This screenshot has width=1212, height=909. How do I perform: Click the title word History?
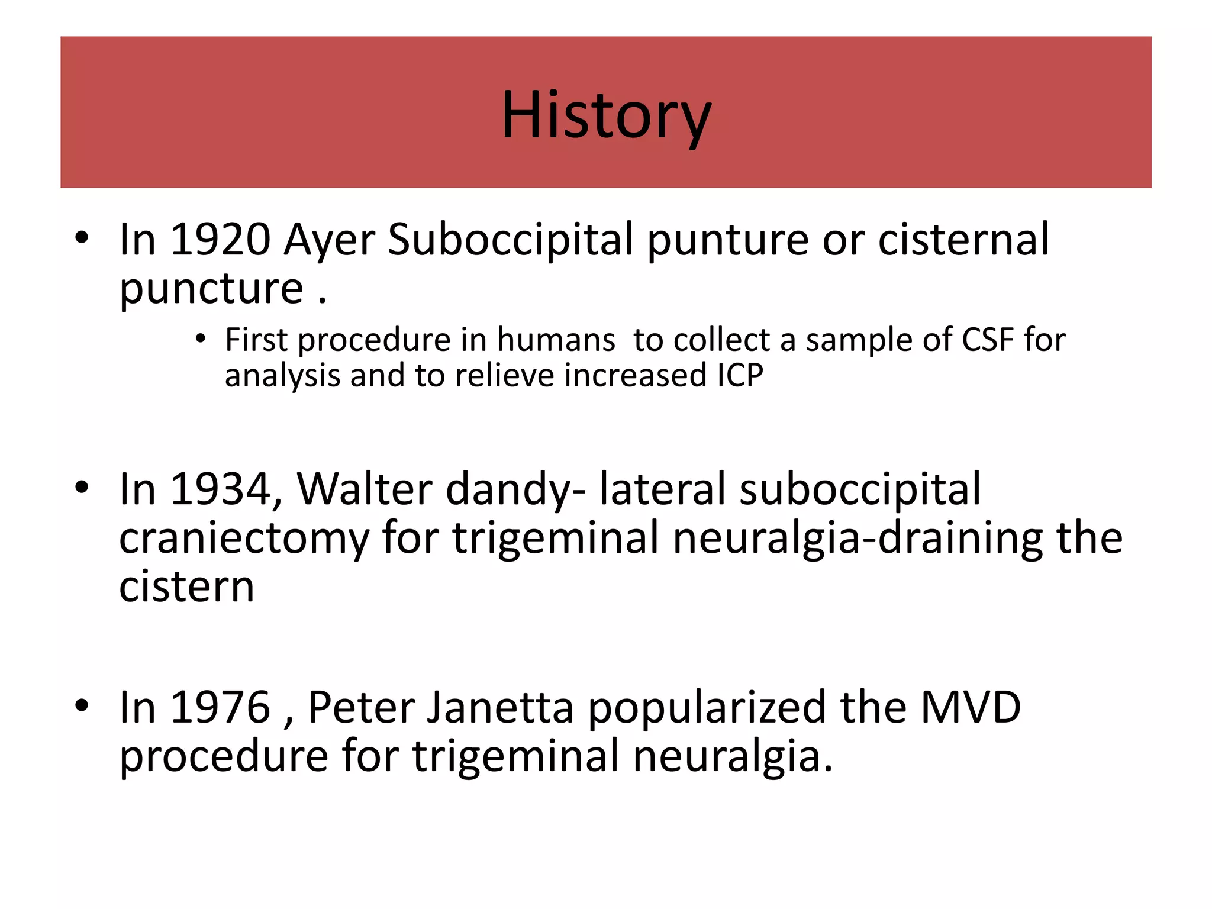tap(606, 115)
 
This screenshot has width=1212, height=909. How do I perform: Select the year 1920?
tap(220, 240)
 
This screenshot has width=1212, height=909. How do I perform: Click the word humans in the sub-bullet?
tap(556, 340)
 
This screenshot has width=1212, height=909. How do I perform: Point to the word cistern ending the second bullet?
tap(187, 587)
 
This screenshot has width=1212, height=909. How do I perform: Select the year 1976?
tap(220, 708)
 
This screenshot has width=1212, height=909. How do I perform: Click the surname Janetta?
tap(500, 708)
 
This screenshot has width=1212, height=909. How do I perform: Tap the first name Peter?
tap(360, 708)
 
